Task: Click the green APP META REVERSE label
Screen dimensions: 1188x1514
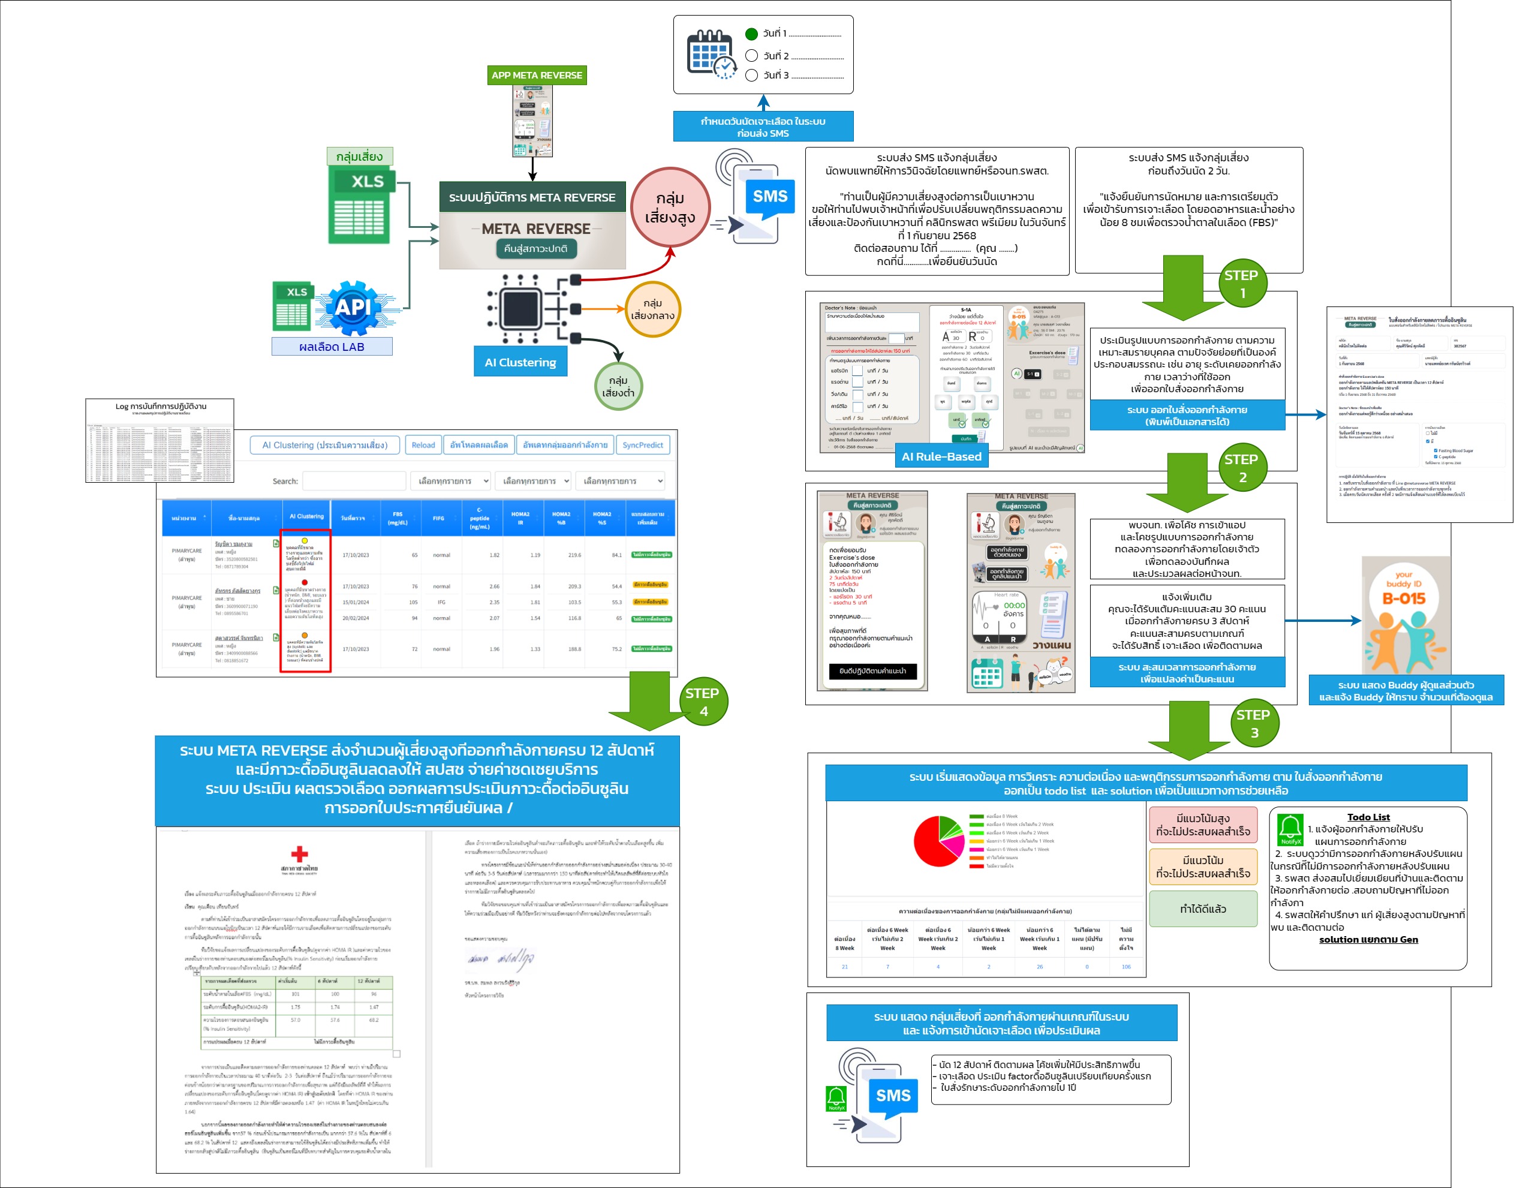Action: click(x=536, y=75)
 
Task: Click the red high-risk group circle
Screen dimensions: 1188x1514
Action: click(x=670, y=207)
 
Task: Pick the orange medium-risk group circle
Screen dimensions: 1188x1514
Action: click(x=652, y=309)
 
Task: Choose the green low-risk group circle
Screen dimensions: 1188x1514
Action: click(x=618, y=387)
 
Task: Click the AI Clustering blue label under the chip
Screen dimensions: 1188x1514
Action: click(x=520, y=362)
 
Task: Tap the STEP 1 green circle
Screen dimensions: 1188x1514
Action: click(x=1241, y=284)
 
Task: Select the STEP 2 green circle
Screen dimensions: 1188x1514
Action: click(x=1241, y=468)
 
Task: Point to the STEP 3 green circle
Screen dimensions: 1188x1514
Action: click(x=1253, y=723)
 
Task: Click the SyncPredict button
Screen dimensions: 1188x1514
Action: click(x=642, y=445)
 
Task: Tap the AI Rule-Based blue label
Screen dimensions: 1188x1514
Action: click(x=941, y=456)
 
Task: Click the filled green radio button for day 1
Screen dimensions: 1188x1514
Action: click(x=751, y=34)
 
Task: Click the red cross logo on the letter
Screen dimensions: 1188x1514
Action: click(x=300, y=853)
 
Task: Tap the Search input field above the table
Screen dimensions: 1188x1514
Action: click(x=354, y=480)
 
